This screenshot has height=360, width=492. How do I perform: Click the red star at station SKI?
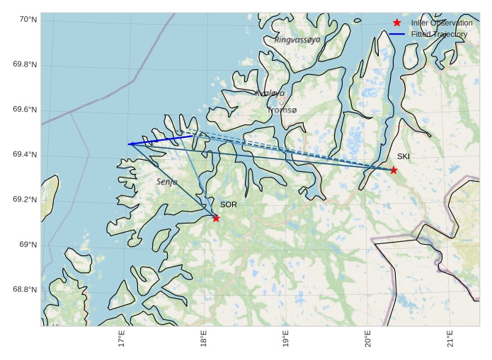(394, 170)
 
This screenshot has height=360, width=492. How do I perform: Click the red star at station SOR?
(216, 218)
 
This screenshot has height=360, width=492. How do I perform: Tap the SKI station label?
(403, 156)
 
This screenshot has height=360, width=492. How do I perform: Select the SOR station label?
(228, 204)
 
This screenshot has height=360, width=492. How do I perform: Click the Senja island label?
(167, 182)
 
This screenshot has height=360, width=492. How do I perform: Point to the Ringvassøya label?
(297, 40)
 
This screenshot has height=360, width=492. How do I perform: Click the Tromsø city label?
(282, 110)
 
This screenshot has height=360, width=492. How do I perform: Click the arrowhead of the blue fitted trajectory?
(130, 144)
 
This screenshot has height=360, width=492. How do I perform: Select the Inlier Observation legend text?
(442, 23)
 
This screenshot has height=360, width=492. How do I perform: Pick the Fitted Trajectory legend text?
(439, 34)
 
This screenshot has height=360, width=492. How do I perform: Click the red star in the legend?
(397, 23)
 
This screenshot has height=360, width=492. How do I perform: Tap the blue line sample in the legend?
(397, 34)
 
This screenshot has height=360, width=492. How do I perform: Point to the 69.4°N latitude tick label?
(25, 155)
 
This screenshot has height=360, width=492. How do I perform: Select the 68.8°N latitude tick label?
(25, 290)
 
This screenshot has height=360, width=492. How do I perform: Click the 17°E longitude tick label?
(122, 339)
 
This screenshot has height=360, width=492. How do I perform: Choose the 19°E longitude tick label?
(286, 339)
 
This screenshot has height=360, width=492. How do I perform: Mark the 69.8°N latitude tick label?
(25, 65)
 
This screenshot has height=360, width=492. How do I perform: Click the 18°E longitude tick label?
(204, 339)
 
